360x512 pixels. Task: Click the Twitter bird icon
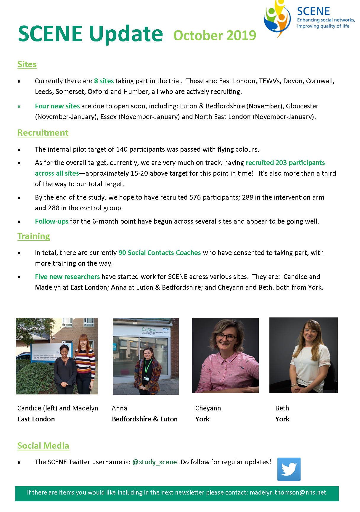(289, 469)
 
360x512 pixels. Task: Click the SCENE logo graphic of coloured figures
(277, 18)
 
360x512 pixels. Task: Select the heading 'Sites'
(27, 64)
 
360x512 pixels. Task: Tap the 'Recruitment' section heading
(43, 133)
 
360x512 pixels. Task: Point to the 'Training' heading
(33, 236)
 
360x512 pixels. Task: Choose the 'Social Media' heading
(43, 446)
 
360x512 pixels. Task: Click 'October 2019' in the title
(215, 36)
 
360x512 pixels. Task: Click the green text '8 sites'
(104, 81)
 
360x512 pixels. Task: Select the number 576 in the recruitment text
(195, 197)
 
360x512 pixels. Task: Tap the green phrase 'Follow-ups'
(52, 221)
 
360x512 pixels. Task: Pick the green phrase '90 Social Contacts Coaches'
(160, 253)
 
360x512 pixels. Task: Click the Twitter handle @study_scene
(155, 462)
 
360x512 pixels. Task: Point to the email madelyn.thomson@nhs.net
(288, 492)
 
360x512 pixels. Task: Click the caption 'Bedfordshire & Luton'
(145, 419)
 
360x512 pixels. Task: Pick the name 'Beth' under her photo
(282, 408)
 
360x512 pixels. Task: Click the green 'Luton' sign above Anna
(149, 329)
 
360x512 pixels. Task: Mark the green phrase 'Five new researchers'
(67, 277)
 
